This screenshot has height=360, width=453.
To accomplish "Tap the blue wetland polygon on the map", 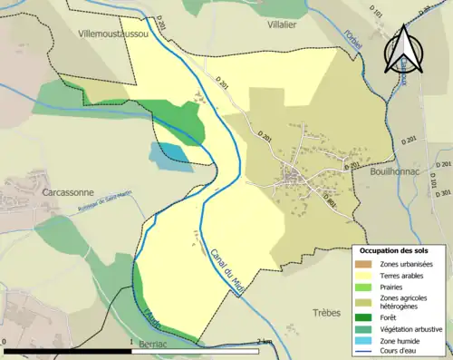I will [171, 156].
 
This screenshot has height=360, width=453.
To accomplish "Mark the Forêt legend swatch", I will [368, 316].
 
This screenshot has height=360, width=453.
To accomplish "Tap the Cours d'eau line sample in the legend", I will [368, 352].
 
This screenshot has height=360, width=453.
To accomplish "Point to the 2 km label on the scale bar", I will [263, 341].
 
